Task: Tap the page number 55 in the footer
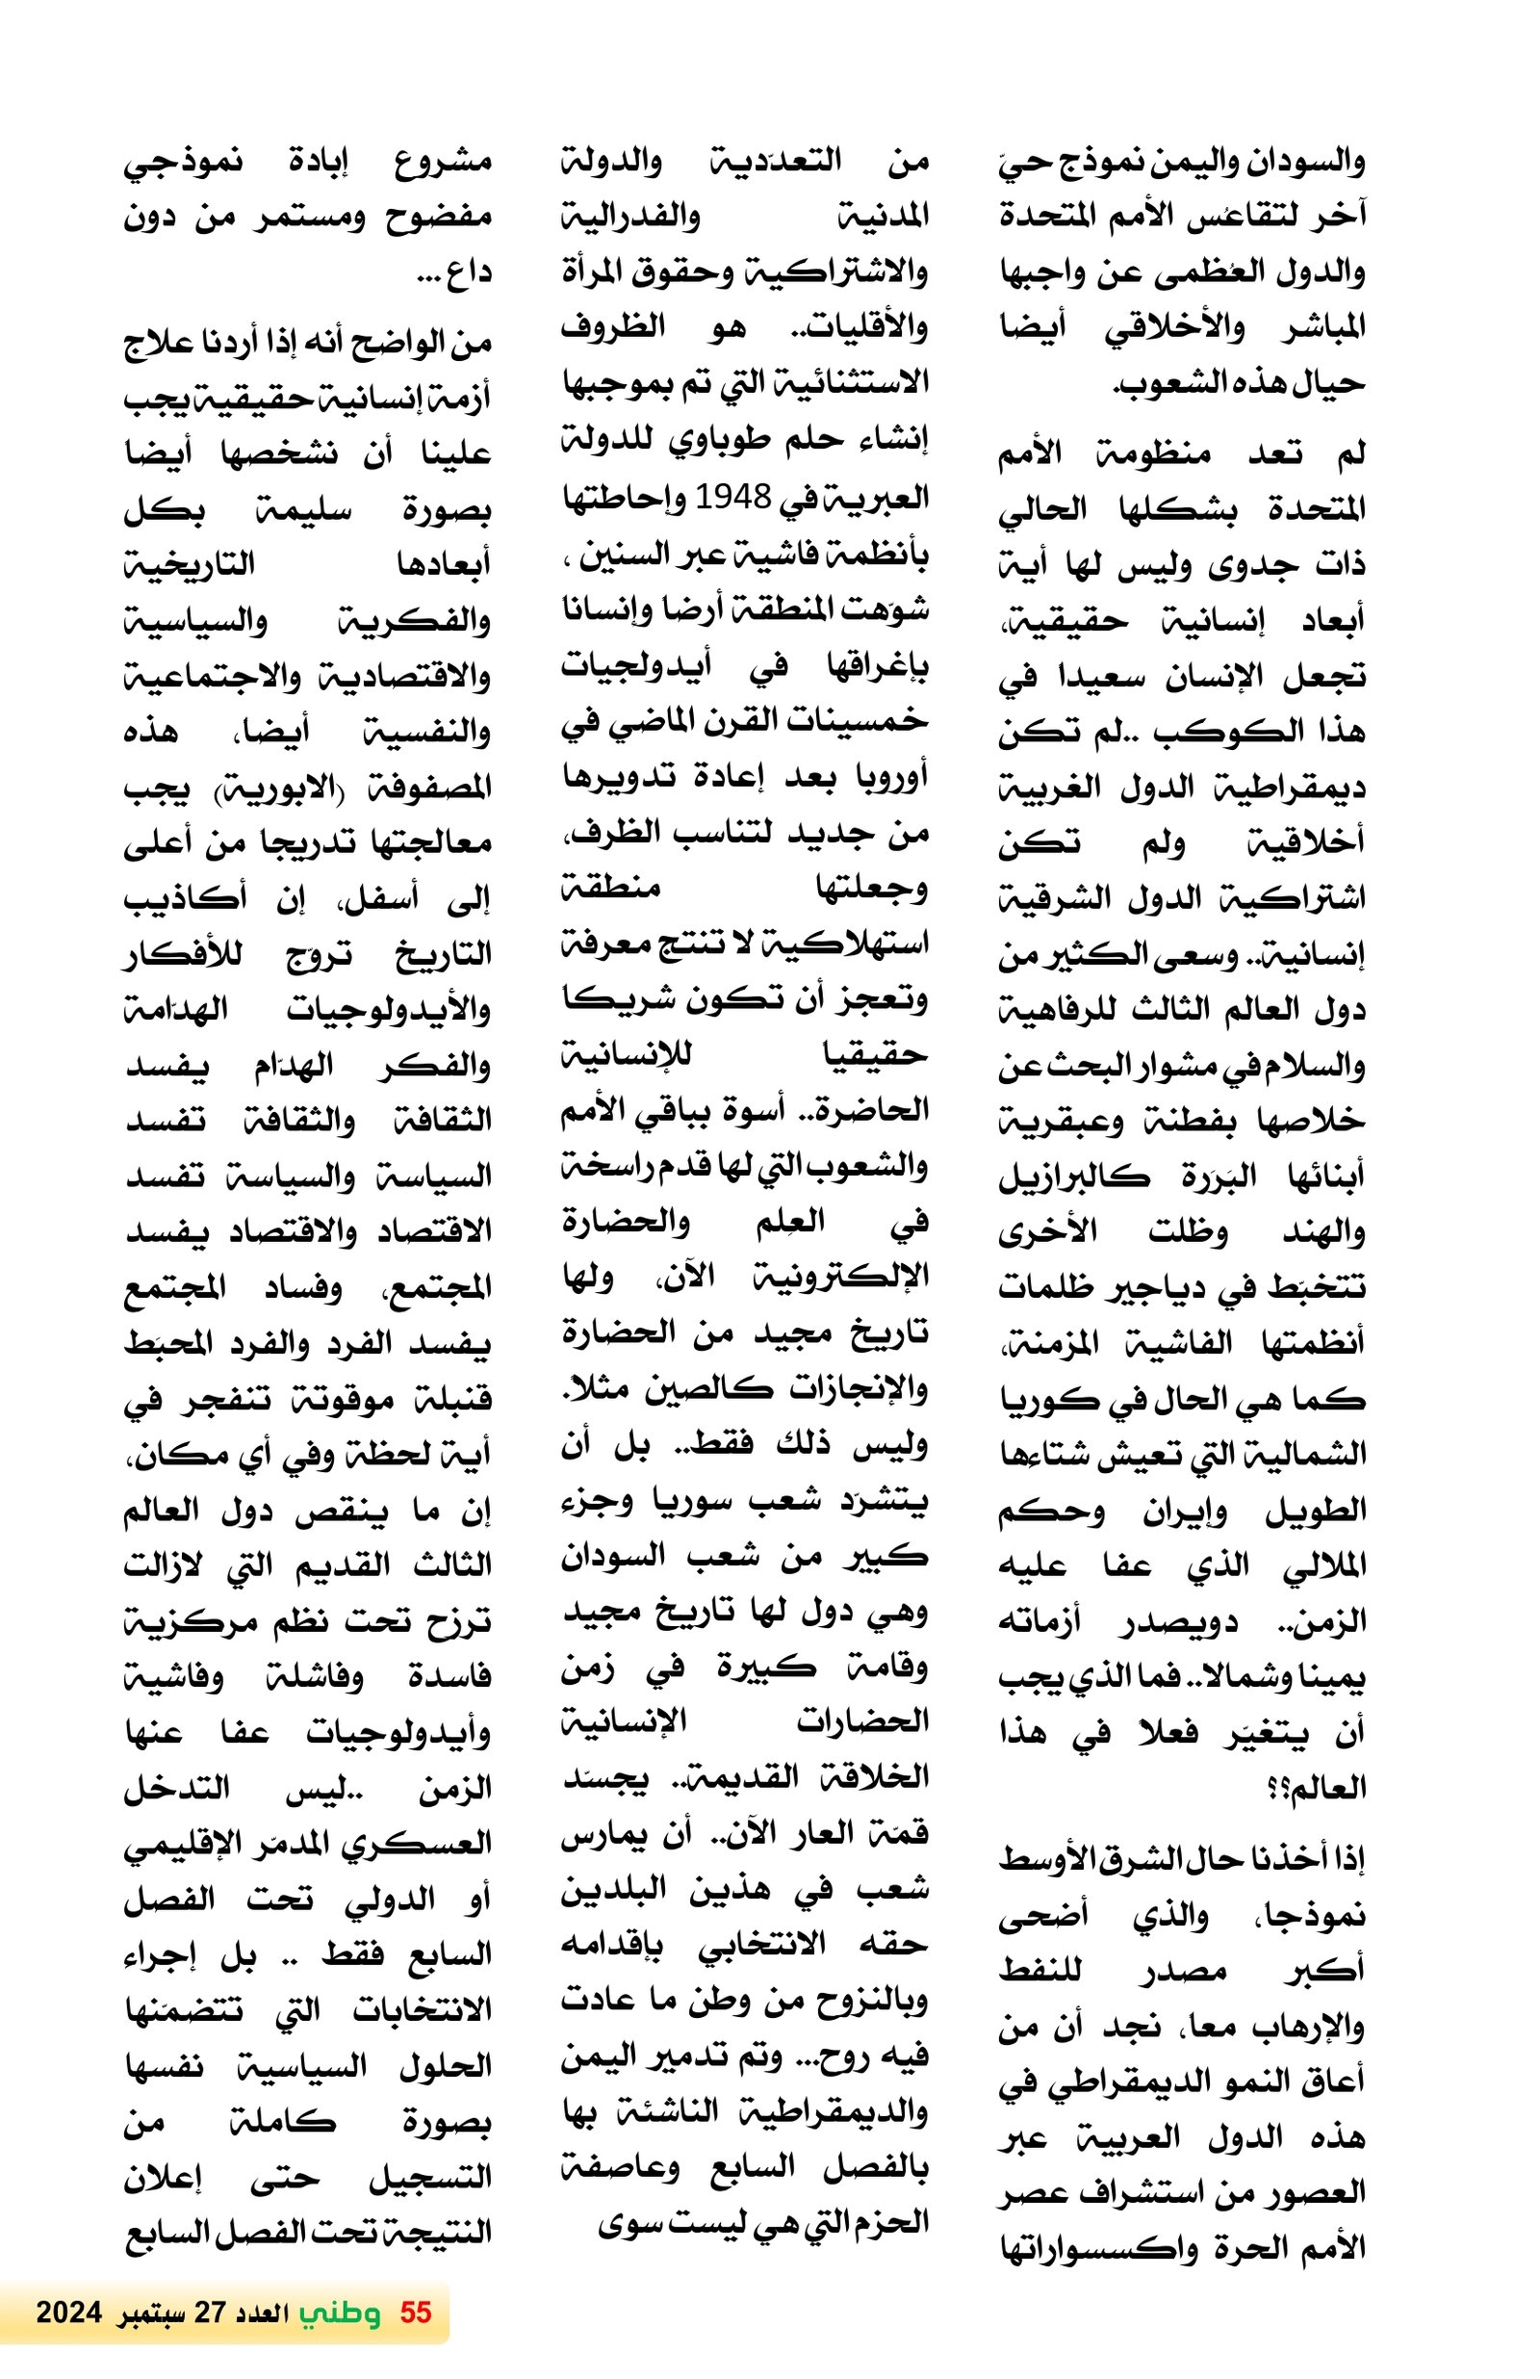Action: (x=415, y=2311)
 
